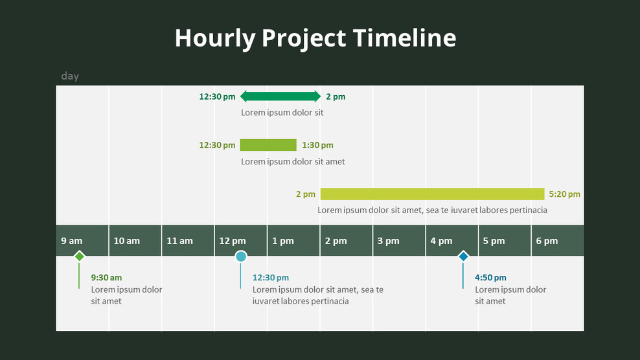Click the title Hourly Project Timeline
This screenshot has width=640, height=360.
(315, 38)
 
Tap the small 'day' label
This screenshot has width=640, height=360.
(70, 76)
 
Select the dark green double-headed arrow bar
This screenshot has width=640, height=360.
(280, 96)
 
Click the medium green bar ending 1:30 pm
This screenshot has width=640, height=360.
(268, 145)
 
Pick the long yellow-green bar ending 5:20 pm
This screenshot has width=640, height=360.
(432, 194)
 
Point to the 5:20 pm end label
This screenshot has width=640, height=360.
(564, 194)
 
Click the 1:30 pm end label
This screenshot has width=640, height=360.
(317, 145)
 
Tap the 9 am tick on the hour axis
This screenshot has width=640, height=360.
(72, 241)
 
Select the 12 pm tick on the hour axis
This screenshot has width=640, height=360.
(232, 241)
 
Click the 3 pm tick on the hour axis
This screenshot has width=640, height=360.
(388, 241)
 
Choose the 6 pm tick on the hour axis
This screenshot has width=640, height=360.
(547, 241)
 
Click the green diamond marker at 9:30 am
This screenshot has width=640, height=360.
(79, 256)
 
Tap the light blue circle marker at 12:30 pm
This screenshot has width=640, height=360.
(241, 256)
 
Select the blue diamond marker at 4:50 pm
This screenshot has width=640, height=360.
(463, 256)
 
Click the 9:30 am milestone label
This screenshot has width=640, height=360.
(106, 278)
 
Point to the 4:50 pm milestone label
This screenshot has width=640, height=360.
(490, 278)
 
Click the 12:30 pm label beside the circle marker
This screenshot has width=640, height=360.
(270, 278)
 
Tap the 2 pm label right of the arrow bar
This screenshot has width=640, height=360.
(336, 96)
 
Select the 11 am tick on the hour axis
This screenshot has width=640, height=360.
(179, 241)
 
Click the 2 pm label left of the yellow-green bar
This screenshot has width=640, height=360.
(306, 194)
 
